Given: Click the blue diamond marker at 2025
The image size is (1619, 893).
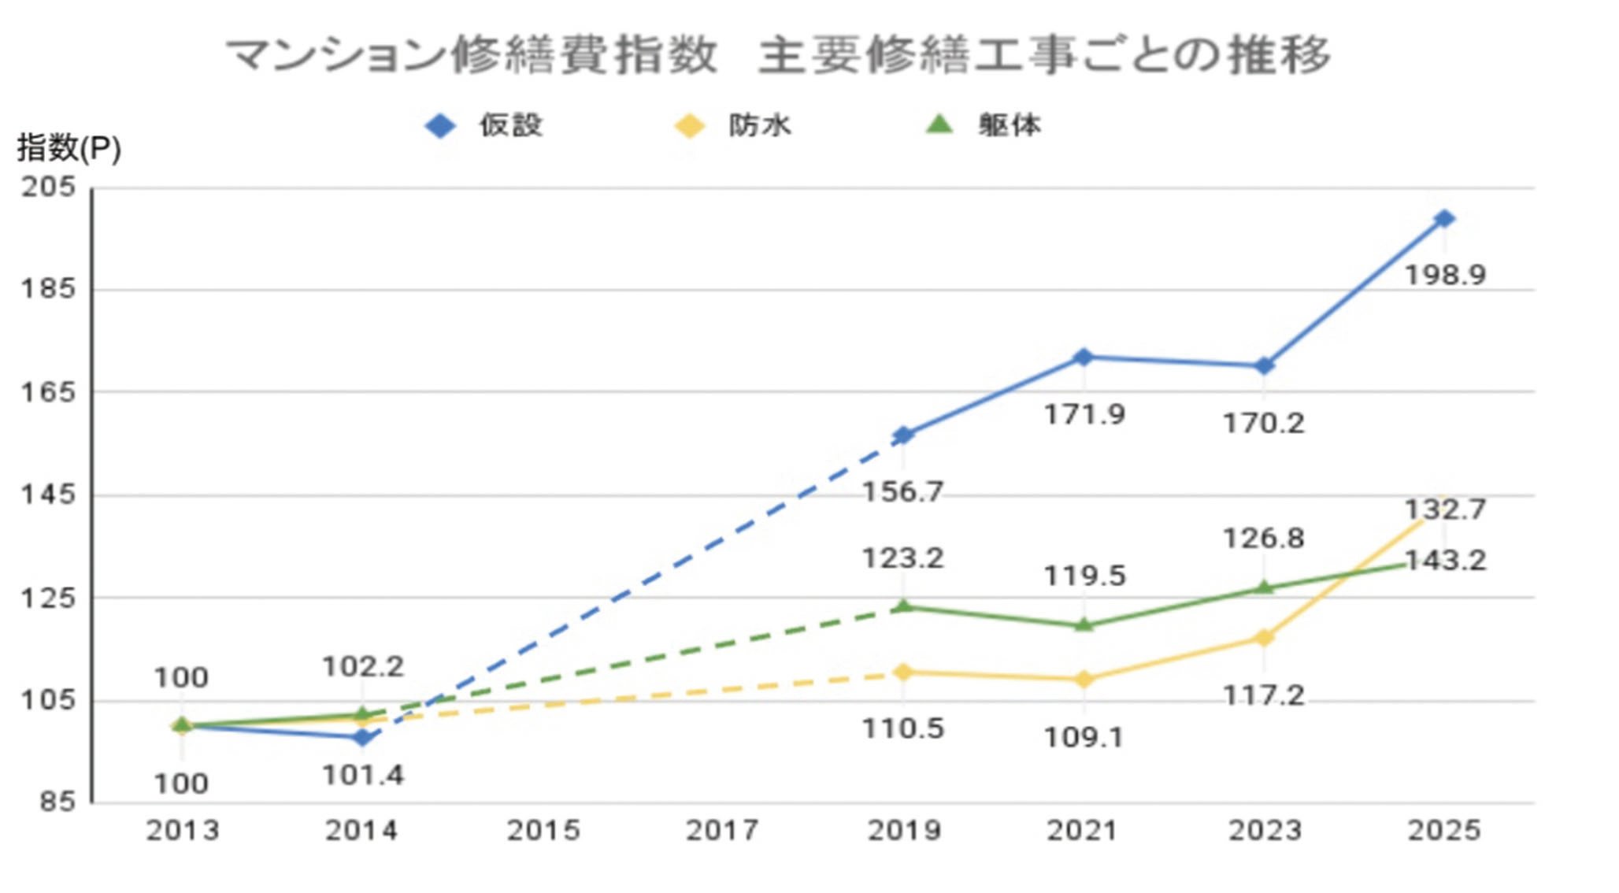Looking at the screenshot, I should (x=1443, y=219).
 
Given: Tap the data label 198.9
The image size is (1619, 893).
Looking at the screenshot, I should (x=1445, y=276).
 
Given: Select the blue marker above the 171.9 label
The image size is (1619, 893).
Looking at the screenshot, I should (x=1083, y=358).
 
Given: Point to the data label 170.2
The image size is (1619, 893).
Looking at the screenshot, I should (x=1263, y=424).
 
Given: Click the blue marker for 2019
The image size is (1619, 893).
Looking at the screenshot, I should (x=904, y=435).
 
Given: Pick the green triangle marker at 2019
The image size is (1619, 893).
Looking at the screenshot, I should (x=904, y=606).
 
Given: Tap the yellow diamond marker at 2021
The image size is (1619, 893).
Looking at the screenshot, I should (x=1083, y=679).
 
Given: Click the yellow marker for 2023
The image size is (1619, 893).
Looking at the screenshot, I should (x=1263, y=637).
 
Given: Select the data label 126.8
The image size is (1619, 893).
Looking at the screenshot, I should (x=1263, y=539).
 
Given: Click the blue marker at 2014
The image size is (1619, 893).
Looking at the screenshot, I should (x=362, y=738).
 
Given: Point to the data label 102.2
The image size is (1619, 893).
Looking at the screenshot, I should (x=362, y=667).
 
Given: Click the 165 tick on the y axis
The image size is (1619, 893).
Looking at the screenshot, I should (x=48, y=391).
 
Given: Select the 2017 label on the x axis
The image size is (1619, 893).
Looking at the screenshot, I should (x=722, y=830).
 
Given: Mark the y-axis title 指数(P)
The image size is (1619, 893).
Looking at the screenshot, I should (x=69, y=147).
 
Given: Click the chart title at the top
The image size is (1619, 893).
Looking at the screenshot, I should (x=778, y=55).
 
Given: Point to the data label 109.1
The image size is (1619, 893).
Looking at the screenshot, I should (x=1083, y=738).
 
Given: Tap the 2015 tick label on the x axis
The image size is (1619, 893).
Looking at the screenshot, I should (x=543, y=830).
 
